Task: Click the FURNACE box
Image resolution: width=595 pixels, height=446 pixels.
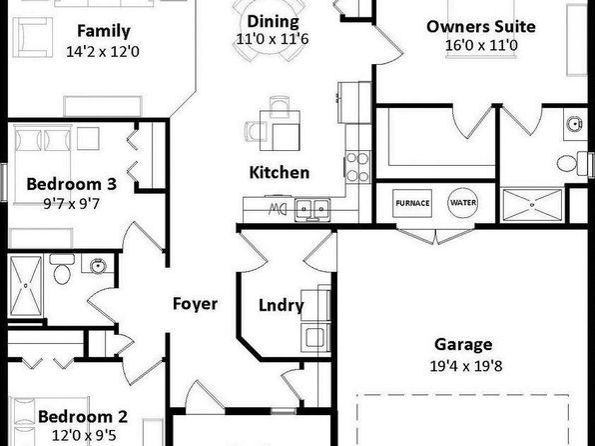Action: point(412,203)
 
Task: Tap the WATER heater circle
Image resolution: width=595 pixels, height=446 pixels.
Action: point(463,203)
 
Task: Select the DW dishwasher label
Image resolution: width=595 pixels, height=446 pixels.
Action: point(277,209)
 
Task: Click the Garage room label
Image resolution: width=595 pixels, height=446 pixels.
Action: point(463,344)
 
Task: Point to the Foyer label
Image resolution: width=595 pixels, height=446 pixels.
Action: point(195,304)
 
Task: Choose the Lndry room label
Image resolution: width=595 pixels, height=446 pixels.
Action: point(282,305)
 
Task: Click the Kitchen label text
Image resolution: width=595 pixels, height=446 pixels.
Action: point(280,173)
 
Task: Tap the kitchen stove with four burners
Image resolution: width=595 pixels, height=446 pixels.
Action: point(357,167)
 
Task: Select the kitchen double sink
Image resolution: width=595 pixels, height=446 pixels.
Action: point(312,209)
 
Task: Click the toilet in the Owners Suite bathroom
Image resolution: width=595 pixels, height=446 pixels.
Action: point(573,163)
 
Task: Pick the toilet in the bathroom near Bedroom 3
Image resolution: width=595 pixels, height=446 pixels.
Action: point(62,269)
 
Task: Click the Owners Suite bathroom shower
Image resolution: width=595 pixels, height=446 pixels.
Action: point(532,205)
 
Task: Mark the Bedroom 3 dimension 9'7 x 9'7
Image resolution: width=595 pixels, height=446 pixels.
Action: point(71,204)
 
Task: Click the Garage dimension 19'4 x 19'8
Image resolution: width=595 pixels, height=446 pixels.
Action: point(466,366)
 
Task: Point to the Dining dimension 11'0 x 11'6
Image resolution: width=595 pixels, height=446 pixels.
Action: point(273,39)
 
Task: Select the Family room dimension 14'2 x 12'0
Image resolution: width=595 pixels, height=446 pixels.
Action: point(103,51)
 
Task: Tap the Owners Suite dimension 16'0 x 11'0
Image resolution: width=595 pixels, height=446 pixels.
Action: point(481,45)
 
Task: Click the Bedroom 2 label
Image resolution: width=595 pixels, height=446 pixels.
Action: point(83,417)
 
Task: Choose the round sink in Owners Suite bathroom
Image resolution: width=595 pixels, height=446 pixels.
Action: point(575,124)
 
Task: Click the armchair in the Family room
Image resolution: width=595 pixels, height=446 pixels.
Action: point(32,37)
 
